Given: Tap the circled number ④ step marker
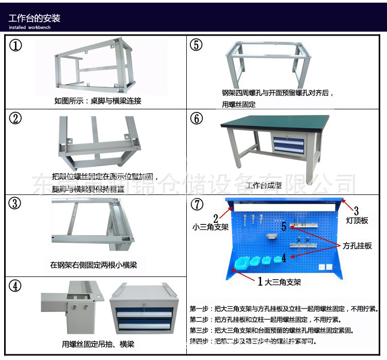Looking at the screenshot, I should pyautogui.click(x=16, y=285).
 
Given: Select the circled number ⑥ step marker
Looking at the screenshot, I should pyautogui.click(x=197, y=118).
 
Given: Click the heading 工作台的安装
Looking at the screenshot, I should pyautogui.click(x=35, y=18).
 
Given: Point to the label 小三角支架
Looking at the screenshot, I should pyautogui.click(x=210, y=226).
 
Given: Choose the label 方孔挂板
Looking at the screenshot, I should pyautogui.click(x=357, y=246).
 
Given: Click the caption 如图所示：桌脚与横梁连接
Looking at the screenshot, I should pyautogui.click(x=98, y=101).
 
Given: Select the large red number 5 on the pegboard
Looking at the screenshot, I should pyautogui.click(x=283, y=226).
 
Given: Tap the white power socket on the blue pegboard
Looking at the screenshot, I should pyautogui.click(x=325, y=267).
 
